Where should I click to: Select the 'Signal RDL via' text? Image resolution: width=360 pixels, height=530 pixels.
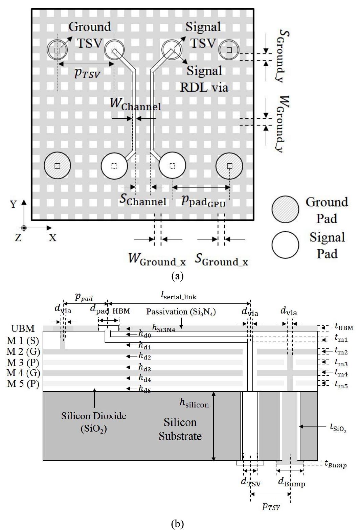pos(204,79)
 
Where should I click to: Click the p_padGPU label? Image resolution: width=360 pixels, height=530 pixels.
pos(203,201)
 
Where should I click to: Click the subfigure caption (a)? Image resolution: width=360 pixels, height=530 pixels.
pos(178,276)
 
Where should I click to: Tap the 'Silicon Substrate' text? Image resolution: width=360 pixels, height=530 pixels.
pos(180,429)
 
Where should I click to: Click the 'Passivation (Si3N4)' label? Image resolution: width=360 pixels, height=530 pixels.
pos(181,312)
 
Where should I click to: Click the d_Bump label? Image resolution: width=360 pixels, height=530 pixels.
pos(291,482)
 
